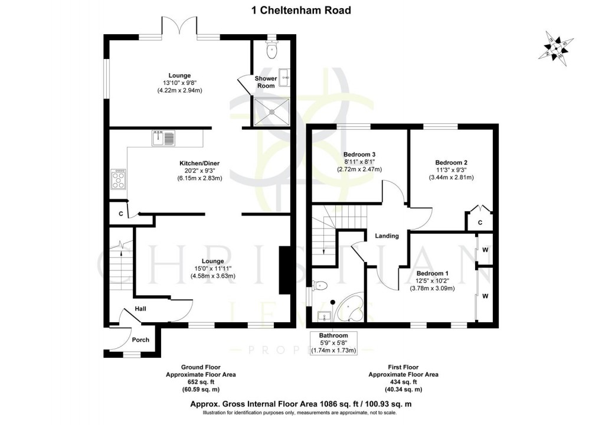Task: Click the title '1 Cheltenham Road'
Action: [301, 10]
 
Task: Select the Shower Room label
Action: [266, 82]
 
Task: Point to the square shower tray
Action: [271, 110]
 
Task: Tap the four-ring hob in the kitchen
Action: [119, 179]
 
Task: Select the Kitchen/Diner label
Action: [201, 163]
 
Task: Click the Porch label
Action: [140, 339]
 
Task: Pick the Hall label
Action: [140, 309]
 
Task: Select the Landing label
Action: [387, 236]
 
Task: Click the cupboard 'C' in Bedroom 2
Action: [480, 223]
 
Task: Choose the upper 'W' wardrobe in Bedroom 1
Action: [486, 249]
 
